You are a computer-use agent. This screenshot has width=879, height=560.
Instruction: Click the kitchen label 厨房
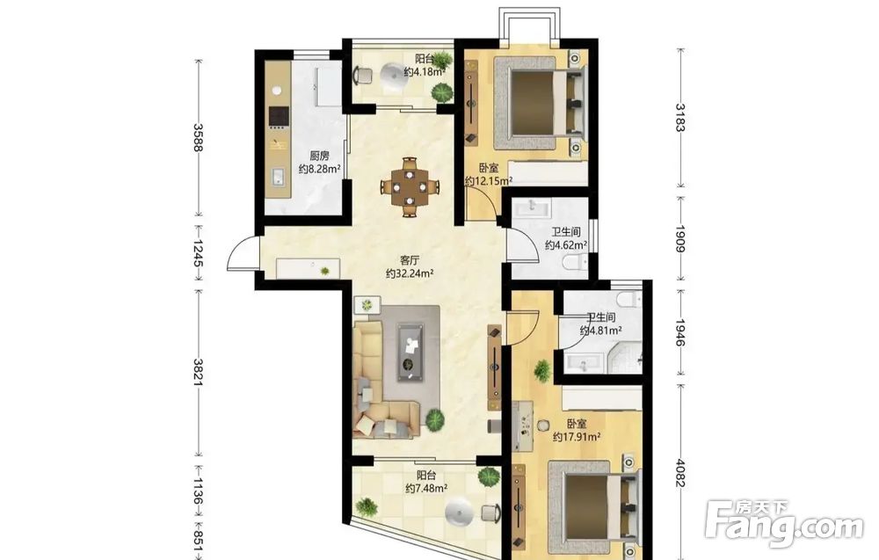tap(319, 156)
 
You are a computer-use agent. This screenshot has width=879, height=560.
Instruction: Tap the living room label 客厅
tap(410, 261)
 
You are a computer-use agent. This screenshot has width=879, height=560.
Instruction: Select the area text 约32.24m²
tap(410, 273)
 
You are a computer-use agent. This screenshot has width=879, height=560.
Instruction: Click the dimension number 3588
tap(198, 137)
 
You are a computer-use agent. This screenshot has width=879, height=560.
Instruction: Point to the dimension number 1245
tap(198, 253)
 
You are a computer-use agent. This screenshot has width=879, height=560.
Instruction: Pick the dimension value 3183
tap(680, 117)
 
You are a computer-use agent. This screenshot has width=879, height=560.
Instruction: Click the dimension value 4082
tap(680, 474)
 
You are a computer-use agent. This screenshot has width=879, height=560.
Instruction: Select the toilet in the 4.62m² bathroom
tap(577, 261)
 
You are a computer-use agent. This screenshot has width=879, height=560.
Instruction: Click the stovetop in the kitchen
tap(279, 117)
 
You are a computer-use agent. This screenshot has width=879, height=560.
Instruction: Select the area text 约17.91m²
tap(577, 437)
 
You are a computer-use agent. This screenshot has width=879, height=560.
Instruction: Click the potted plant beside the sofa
tap(434, 418)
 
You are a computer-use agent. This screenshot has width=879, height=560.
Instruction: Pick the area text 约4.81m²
tap(600, 331)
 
